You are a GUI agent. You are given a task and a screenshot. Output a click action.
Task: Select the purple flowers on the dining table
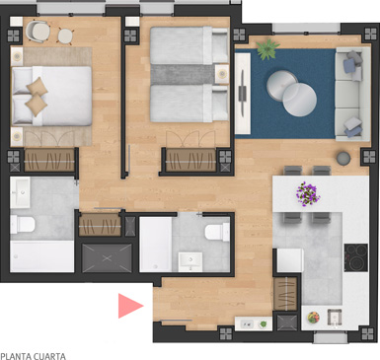click(308, 194)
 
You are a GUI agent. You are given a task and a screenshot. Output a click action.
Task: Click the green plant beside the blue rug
click(267, 49)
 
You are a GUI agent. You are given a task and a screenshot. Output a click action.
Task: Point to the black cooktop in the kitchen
click(356, 257)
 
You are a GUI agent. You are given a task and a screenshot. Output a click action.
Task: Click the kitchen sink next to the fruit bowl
click(335, 318)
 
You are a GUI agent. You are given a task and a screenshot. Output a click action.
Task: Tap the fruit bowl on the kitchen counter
click(313, 318)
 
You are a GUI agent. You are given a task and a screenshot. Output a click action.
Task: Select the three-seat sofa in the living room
click(352, 94)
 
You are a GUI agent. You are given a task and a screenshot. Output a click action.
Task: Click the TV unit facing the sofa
click(243, 94)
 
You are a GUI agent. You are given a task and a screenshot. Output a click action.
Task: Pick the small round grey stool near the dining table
click(343, 158)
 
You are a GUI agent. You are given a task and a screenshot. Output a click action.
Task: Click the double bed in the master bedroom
click(51, 96)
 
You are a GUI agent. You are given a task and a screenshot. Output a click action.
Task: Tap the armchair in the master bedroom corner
click(38, 32)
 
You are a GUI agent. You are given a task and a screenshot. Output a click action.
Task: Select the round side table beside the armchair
click(65, 36)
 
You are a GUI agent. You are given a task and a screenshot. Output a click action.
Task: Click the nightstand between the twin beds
click(222, 74)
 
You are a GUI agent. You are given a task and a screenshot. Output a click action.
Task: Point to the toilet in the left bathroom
click(23, 224)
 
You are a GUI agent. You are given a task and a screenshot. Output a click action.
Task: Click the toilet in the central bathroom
click(217, 232)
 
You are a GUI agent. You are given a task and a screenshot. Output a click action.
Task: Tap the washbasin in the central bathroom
click(190, 261)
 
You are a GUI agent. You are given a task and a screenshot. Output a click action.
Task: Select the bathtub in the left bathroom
click(42, 256)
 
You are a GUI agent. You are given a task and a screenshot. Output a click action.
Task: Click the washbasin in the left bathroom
click(20, 192)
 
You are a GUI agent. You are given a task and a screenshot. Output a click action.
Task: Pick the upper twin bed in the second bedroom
click(190, 45)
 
